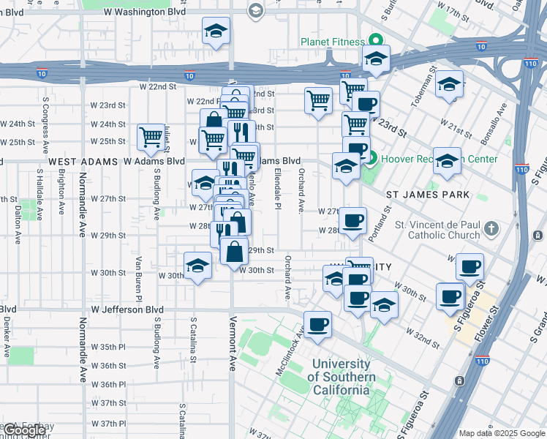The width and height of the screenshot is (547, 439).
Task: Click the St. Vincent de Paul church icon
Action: (493, 229)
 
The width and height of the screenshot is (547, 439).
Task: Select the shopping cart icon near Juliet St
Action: (151, 136)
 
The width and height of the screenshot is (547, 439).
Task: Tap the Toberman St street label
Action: (423, 91)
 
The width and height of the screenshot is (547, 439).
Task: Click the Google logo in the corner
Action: (24, 431)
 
